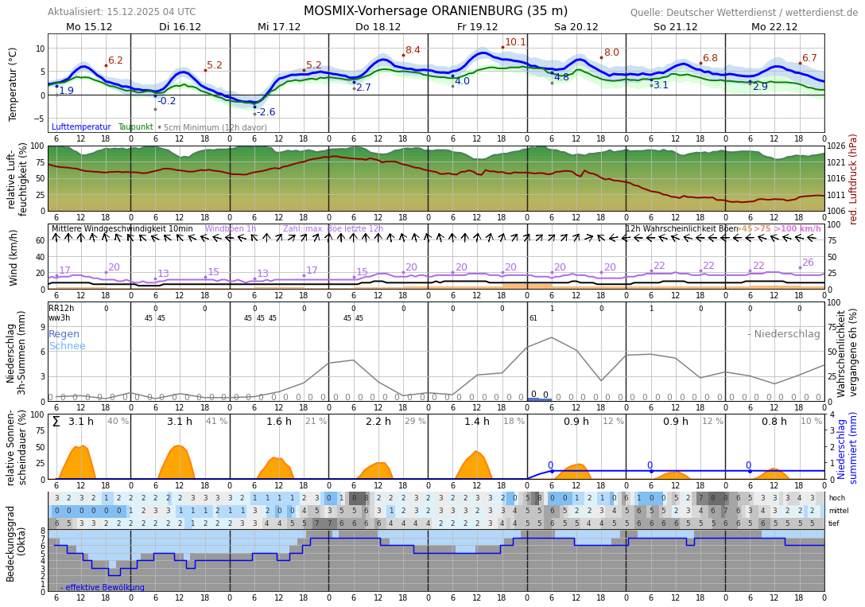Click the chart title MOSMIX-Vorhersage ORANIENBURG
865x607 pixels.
(x=435, y=11)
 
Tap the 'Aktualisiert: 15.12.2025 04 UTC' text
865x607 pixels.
(x=122, y=12)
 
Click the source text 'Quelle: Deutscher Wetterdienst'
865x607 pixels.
(x=743, y=13)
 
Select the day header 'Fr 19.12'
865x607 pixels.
(x=477, y=26)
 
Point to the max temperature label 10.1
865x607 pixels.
(x=515, y=42)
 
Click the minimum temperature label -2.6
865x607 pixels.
(x=266, y=112)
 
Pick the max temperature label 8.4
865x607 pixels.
(x=413, y=50)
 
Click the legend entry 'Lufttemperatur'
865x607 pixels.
(x=81, y=127)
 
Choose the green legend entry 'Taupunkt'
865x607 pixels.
(x=135, y=127)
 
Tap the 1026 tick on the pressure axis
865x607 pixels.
(x=836, y=146)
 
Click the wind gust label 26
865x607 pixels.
(x=808, y=263)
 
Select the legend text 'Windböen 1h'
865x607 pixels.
(x=231, y=229)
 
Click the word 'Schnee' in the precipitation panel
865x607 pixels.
(x=67, y=346)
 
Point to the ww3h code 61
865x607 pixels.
(x=533, y=318)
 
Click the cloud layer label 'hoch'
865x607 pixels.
(x=837, y=498)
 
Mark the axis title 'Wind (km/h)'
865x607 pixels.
(x=14, y=258)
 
